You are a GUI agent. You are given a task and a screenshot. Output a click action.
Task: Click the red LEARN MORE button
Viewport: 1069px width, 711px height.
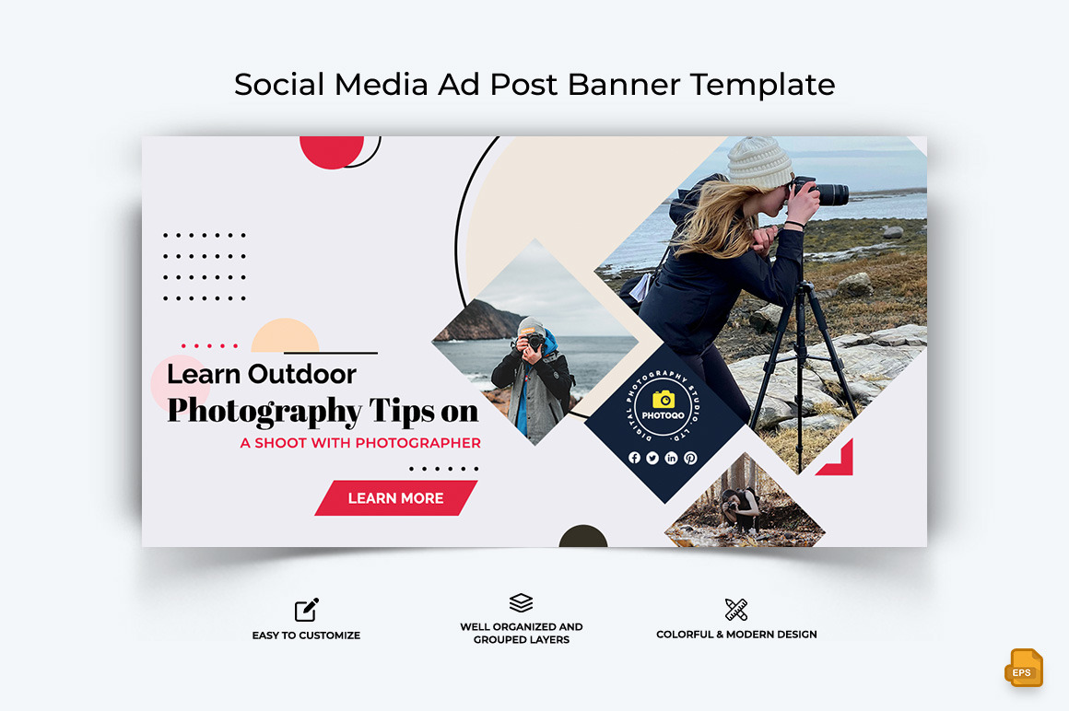[x=395, y=498]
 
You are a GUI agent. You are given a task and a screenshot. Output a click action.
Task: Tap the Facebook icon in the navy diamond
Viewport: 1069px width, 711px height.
[x=634, y=458]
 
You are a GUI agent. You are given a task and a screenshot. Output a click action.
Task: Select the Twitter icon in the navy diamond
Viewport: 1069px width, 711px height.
[x=652, y=458]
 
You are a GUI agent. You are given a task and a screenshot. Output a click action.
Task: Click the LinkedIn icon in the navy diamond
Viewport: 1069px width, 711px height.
[x=671, y=458]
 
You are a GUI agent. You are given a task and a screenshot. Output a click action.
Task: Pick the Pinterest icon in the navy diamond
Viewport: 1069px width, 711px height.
[x=690, y=458]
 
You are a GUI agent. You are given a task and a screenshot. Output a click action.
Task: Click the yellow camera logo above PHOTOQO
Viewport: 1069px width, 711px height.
[x=664, y=399]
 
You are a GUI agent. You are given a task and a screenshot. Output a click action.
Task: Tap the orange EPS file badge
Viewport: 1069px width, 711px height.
[x=1023, y=669]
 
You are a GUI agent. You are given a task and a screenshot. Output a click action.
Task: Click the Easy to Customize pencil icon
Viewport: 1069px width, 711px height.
[x=306, y=610]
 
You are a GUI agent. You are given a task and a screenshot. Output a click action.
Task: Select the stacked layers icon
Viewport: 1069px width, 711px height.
[x=521, y=603]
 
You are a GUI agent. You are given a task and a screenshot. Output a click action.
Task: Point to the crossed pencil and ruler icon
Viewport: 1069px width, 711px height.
[x=735, y=609]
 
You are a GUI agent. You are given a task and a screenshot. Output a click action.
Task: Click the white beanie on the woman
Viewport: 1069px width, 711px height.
[x=759, y=162]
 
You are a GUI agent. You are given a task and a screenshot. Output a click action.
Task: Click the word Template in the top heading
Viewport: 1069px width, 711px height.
[x=763, y=84]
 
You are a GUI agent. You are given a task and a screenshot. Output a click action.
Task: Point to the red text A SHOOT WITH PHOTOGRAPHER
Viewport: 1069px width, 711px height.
[x=360, y=443]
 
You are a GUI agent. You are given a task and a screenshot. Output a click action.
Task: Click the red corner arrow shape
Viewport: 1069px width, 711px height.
[x=840, y=462]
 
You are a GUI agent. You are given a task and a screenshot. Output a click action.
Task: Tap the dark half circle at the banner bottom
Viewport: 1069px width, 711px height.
[x=583, y=537]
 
